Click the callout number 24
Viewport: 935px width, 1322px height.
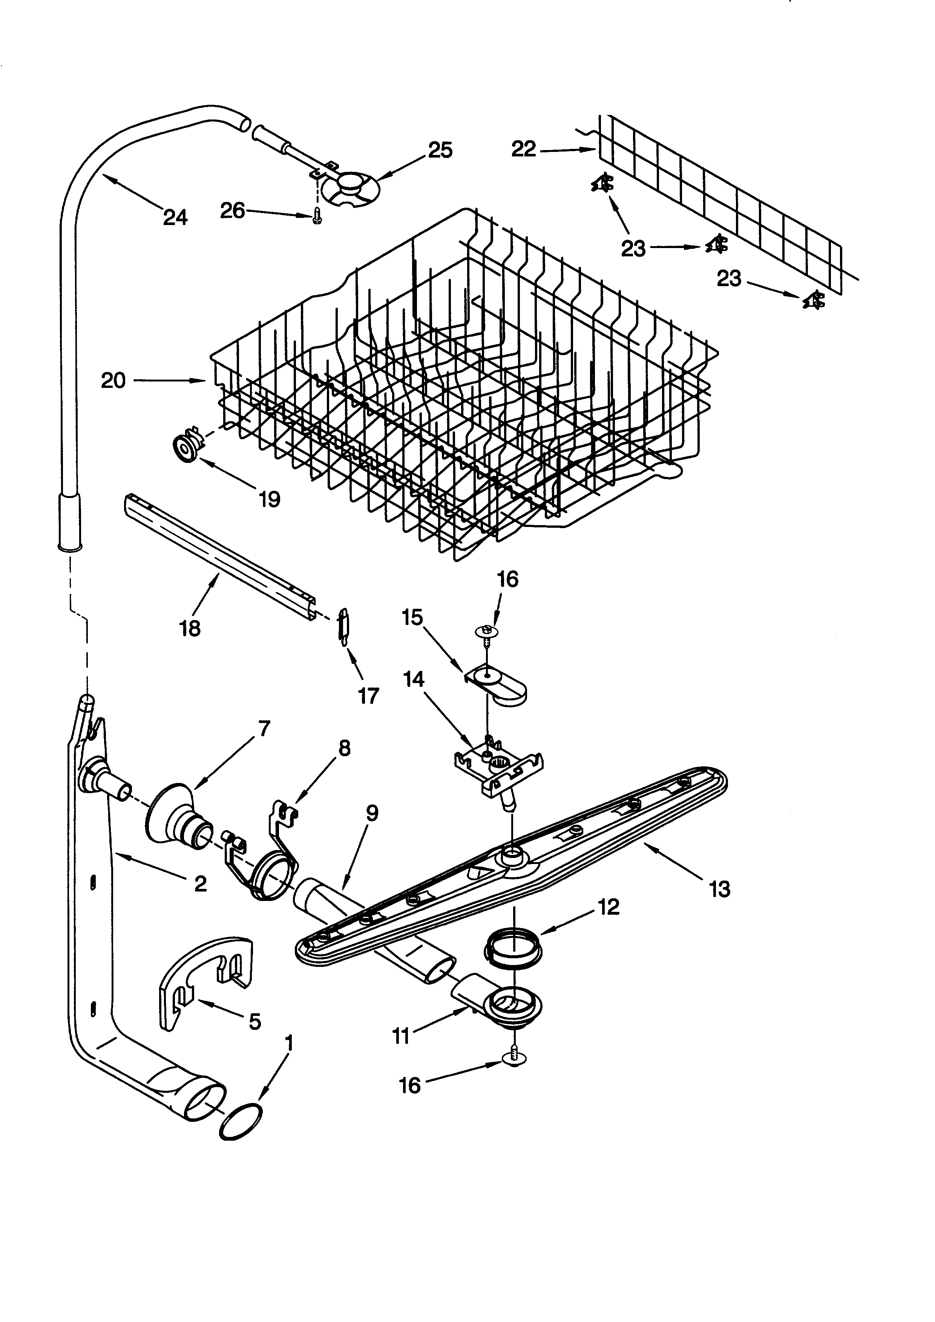pyautogui.click(x=175, y=217)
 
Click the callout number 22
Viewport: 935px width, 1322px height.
pyautogui.click(x=523, y=149)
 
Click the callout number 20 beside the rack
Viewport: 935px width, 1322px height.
pyautogui.click(x=113, y=381)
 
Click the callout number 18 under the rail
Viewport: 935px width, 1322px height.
pyautogui.click(x=190, y=628)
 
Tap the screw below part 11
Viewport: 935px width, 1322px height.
pyautogui.click(x=511, y=1054)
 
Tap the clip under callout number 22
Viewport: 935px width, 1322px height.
pyautogui.click(x=602, y=184)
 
